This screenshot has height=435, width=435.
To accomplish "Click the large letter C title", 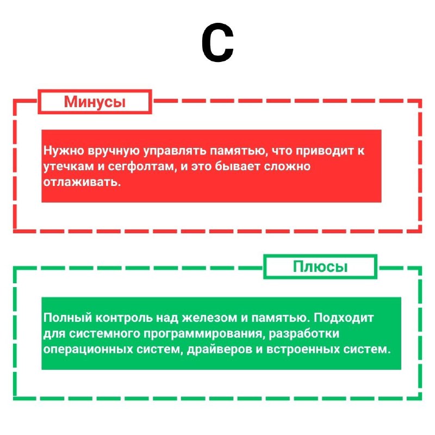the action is [217, 42].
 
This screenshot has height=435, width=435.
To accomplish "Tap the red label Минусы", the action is [95, 102].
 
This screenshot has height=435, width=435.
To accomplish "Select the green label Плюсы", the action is [320, 266].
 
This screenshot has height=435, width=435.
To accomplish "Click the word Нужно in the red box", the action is [64, 151].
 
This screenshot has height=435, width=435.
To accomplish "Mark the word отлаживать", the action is [82, 182].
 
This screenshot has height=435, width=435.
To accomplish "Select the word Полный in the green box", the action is [67, 318].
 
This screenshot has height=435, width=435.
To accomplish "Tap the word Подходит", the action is [344, 318].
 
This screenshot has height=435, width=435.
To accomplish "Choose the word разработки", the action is [304, 334].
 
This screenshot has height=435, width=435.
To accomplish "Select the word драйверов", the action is [220, 349].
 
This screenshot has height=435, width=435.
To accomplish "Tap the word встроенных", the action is [303, 349].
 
